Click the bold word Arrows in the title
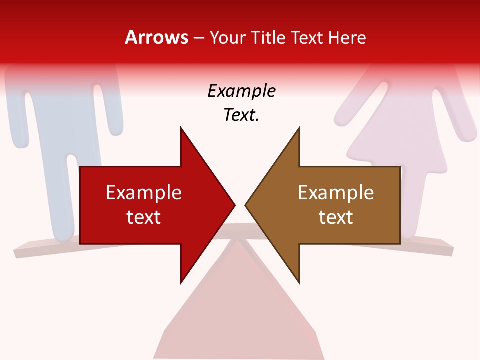[x=156, y=37]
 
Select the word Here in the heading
[x=347, y=37]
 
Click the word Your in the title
[x=228, y=38]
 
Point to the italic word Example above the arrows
[x=241, y=91]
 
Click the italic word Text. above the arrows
[x=241, y=115]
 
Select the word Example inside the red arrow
[x=143, y=192]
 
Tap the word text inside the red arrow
[x=143, y=217]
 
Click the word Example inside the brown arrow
[x=336, y=192]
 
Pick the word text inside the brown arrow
[x=336, y=217]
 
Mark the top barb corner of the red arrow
[x=181, y=128]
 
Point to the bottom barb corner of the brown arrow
[x=299, y=282]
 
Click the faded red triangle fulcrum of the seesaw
[x=240, y=310]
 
